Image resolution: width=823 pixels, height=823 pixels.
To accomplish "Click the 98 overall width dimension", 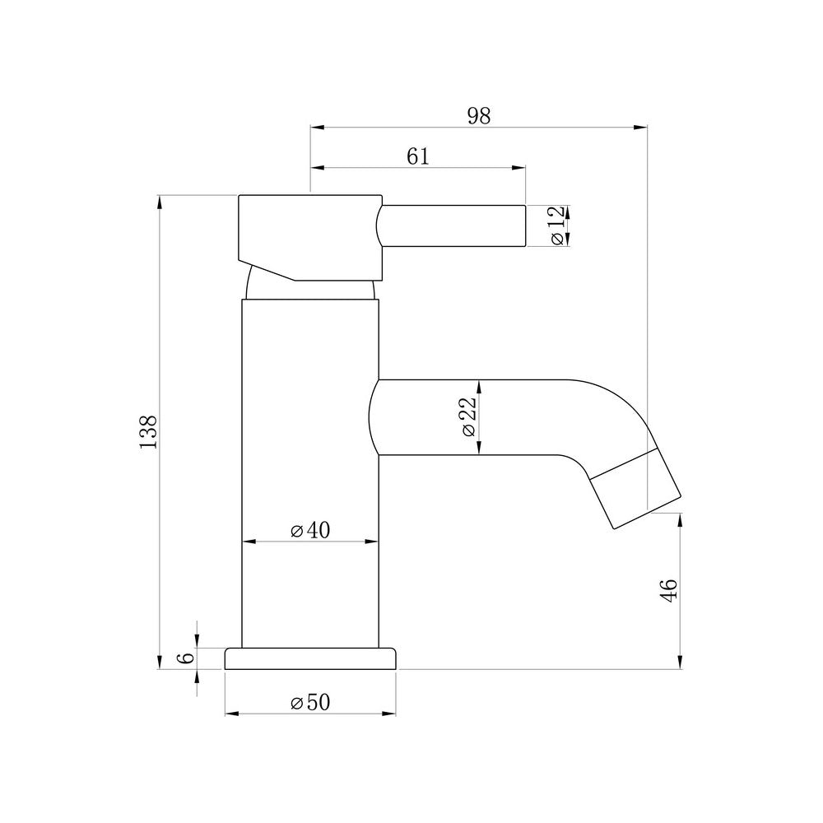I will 478,116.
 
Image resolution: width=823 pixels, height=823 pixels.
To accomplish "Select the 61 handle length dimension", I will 418,156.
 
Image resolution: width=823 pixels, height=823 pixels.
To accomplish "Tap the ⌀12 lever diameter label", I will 557,225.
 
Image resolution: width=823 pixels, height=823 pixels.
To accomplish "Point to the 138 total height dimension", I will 148,432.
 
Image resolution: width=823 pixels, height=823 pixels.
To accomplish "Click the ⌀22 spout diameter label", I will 468,417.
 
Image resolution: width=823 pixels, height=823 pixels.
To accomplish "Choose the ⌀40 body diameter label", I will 310,531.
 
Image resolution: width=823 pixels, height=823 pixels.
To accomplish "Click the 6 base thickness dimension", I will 187,658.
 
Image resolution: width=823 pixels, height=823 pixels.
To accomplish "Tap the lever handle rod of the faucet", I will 453,225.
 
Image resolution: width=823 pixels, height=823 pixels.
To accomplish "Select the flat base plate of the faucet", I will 310,658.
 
